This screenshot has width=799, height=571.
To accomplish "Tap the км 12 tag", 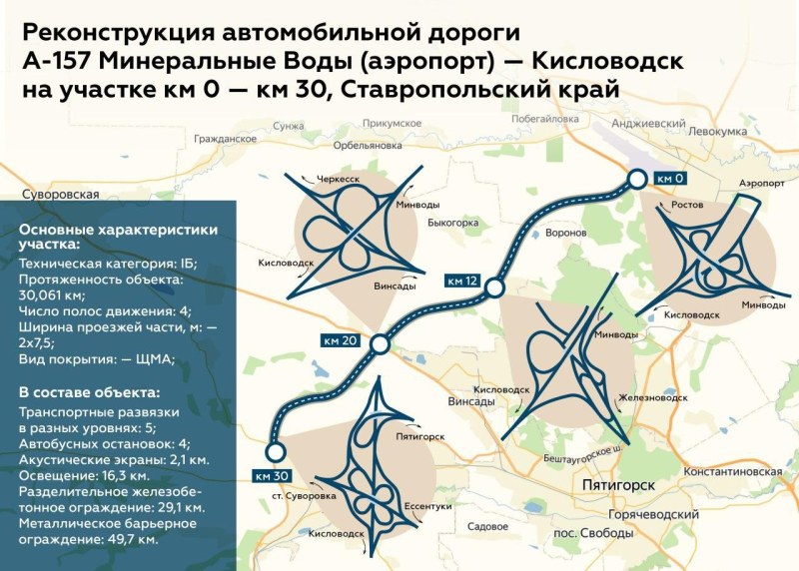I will (462, 280).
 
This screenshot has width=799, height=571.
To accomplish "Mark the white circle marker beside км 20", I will (380, 345).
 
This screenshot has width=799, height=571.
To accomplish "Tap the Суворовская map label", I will (60, 194).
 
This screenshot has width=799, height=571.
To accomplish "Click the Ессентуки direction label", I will (428, 508).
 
